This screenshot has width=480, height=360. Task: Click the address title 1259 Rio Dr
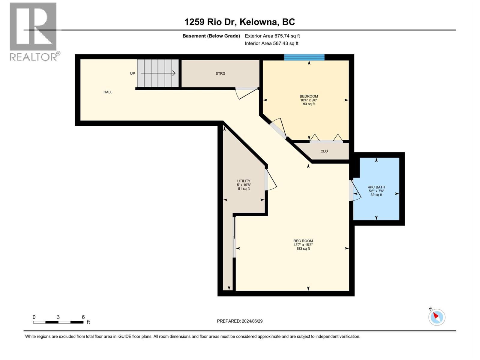239,22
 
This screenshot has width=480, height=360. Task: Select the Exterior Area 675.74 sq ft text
272,36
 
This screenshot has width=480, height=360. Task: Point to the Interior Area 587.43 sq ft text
271,43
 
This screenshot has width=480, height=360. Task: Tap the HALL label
108,92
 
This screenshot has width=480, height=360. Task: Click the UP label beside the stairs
132,73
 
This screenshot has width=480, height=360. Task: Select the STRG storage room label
220,73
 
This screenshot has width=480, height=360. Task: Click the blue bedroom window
304,57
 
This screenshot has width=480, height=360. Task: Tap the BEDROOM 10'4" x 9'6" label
309,100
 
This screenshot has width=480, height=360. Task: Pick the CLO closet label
324,151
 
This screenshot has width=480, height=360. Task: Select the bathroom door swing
356,190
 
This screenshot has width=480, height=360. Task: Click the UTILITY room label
244,185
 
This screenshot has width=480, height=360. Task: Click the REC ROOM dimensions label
303,244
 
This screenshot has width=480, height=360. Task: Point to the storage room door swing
246,93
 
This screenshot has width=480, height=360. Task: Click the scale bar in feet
58,322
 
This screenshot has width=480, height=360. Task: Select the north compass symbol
436,317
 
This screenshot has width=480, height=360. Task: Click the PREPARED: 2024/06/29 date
240,321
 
